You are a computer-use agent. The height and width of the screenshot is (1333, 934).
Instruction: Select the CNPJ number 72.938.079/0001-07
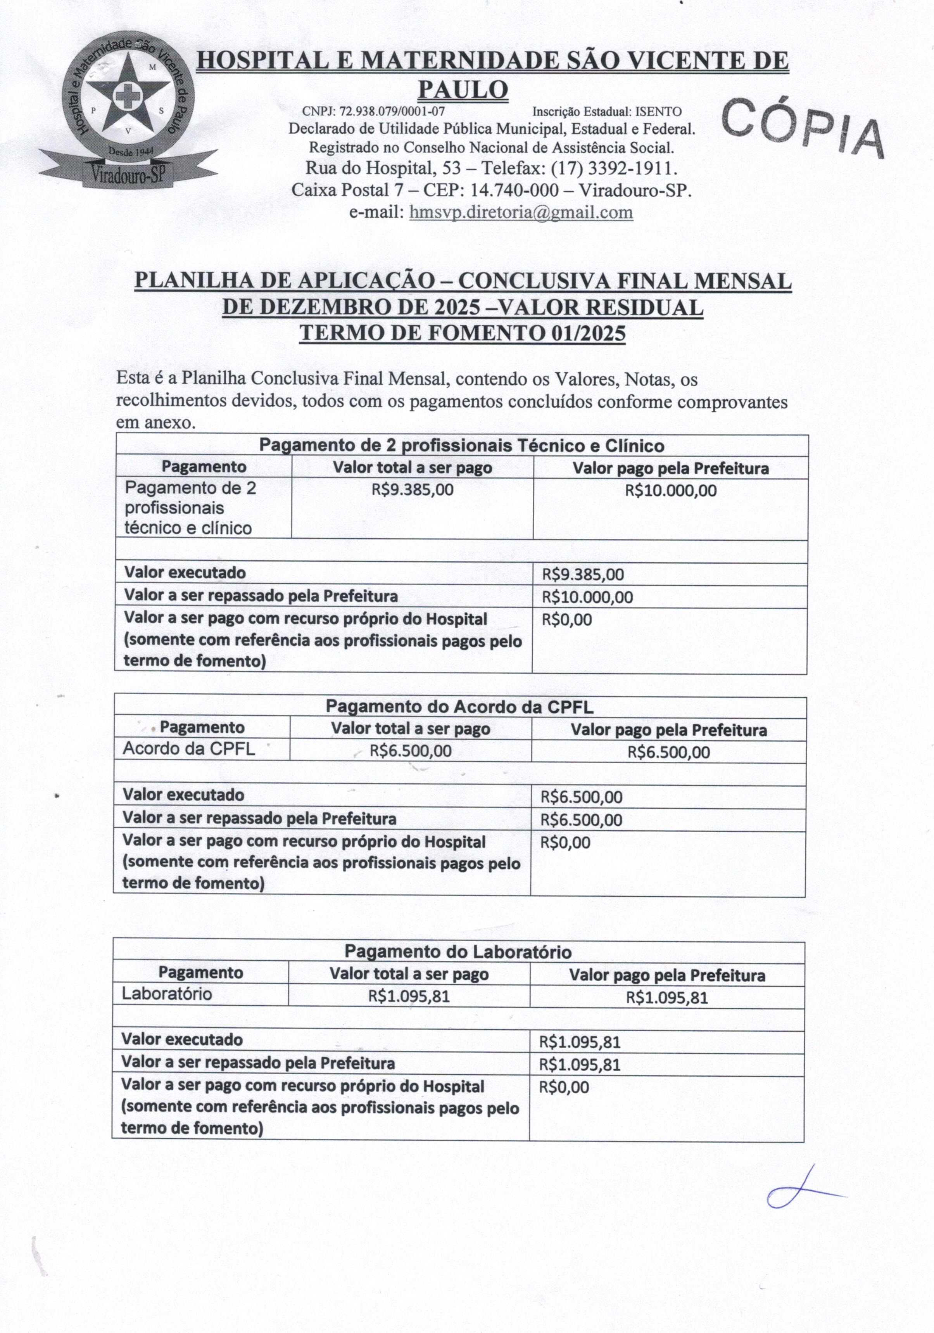392,111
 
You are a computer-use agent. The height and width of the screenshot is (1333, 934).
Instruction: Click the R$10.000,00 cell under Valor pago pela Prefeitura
670,491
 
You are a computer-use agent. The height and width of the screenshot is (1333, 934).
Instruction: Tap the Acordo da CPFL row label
189,749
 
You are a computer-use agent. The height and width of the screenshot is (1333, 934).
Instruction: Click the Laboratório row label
167,993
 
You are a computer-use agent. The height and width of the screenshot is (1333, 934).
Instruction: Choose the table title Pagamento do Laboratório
458,952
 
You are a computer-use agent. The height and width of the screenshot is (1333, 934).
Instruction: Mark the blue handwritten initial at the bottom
801,1191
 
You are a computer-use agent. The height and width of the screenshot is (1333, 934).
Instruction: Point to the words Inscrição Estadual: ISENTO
607,111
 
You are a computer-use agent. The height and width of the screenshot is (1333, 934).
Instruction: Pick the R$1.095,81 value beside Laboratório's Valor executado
580,1042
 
